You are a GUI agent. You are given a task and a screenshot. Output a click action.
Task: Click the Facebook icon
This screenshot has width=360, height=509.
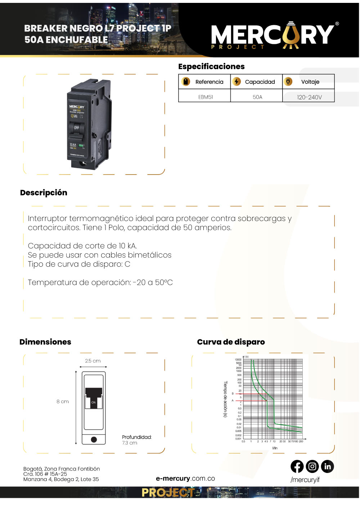pyautogui.click(x=297, y=467)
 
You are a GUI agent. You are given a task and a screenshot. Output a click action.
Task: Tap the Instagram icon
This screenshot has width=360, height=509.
pyautogui.click(x=312, y=467)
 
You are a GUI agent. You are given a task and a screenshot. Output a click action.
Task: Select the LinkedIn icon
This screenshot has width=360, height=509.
pyautogui.click(x=327, y=467)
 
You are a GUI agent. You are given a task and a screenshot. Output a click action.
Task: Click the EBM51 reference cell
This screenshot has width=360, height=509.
pyautogui.click(x=206, y=97)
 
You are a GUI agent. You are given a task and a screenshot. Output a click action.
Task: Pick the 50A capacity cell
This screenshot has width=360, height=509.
pyautogui.click(x=257, y=97)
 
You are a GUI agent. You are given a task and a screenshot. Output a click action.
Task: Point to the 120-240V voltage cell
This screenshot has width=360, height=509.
pyautogui.click(x=309, y=97)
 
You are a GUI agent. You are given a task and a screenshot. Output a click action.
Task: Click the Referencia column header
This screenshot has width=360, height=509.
pyautogui.click(x=209, y=82)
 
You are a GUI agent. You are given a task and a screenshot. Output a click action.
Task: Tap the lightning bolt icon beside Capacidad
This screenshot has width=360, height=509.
pyautogui.click(x=237, y=82)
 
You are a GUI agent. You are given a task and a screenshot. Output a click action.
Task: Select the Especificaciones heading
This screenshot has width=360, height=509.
pyautogui.click(x=211, y=66)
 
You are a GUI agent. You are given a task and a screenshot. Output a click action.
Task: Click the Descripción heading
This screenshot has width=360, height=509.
pyautogui.click(x=44, y=193)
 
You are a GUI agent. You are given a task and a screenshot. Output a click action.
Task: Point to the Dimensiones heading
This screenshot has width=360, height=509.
pyautogui.click(x=45, y=342)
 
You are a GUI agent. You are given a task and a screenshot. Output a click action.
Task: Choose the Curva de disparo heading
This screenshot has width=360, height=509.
pyautogui.click(x=231, y=342)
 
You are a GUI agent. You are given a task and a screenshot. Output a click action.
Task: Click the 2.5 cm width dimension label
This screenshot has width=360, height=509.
pyautogui.click(x=93, y=361)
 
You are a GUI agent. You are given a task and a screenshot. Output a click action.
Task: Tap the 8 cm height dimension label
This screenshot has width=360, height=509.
pyautogui.click(x=63, y=401)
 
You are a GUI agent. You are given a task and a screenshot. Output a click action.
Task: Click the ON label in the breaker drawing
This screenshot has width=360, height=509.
pyautogui.click(x=94, y=402)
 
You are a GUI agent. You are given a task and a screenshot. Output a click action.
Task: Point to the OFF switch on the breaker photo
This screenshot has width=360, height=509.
pyautogui.click(x=77, y=128)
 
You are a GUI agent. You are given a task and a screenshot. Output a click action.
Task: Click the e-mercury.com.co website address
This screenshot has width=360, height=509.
pyautogui.click(x=185, y=478)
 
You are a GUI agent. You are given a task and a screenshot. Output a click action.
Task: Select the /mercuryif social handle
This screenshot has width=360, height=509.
pyautogui.click(x=305, y=479)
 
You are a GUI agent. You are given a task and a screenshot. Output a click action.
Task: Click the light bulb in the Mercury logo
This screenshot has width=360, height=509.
pyautogui.click(x=291, y=35)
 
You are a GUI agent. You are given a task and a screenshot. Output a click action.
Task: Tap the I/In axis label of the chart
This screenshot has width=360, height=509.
pyautogui.click(x=275, y=448)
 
